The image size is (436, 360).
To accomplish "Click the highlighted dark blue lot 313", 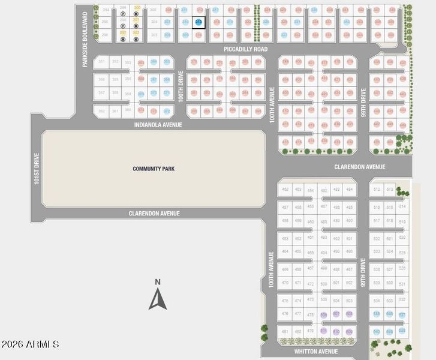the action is (x=199, y=22).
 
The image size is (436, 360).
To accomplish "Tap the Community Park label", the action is (x=154, y=169).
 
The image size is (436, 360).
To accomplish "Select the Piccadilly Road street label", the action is (x=245, y=49).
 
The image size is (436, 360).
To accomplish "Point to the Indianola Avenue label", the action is (x=158, y=125).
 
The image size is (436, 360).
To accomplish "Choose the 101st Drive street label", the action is (x=37, y=169).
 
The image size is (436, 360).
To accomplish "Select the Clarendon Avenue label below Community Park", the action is (x=154, y=214).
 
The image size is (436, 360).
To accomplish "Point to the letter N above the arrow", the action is (x=158, y=282).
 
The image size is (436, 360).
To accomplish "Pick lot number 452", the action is (x=285, y=189).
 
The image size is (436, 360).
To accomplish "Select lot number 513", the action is (x=390, y=189).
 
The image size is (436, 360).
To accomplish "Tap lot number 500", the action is (x=324, y=283).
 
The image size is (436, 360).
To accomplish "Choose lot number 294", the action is (x=106, y=10).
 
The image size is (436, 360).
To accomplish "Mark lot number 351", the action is (x=101, y=62).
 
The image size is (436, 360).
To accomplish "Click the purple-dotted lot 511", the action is (x=324, y=331).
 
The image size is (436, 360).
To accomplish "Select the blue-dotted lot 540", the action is (x=377, y=331).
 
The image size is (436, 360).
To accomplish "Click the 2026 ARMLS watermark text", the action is (x=30, y=344).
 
